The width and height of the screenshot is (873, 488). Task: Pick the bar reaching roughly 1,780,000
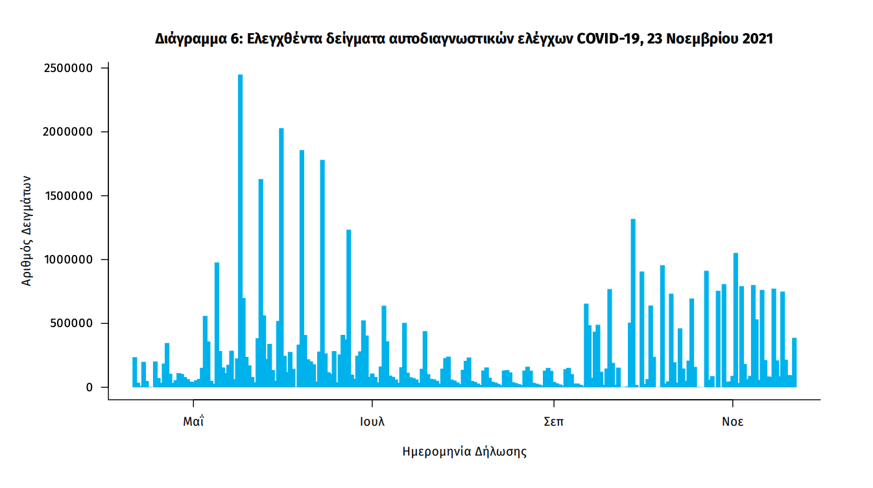[x=322, y=273]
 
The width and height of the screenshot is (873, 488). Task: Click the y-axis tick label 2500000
[x=67, y=68]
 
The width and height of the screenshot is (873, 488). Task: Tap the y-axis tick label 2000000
[x=67, y=132]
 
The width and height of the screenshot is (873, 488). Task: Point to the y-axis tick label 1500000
[x=67, y=196]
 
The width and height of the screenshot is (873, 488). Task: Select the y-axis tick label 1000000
[x=67, y=260]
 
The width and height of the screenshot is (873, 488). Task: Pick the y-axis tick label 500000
[x=71, y=323]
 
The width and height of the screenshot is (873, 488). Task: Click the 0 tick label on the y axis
[x=90, y=387]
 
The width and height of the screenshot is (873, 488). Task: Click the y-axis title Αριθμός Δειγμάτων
[x=27, y=230]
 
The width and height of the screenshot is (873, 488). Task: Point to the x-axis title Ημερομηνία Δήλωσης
[x=464, y=452]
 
